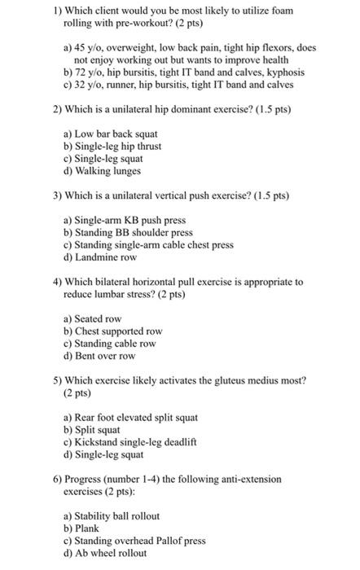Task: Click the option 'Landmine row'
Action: click(x=103, y=256)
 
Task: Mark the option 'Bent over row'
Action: click(x=105, y=356)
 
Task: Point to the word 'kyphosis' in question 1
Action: click(x=283, y=72)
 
